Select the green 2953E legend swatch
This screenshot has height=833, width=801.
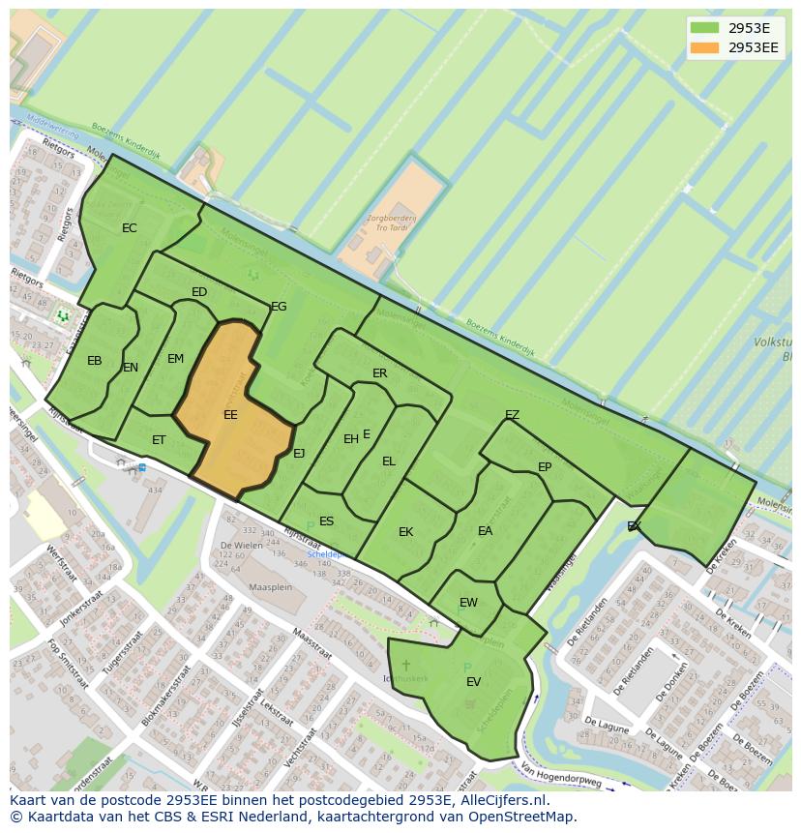coord(705,28)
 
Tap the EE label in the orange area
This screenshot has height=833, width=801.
coord(230,415)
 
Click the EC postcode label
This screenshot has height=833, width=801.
coord(130,228)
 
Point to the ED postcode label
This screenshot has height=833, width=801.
coord(199,292)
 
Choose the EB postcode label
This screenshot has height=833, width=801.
coord(95,361)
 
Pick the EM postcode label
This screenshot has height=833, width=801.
coord(175,359)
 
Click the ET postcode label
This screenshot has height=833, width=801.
coord(159,440)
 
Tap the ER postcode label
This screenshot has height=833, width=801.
coord(380,373)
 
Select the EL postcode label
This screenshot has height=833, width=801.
coord(389,461)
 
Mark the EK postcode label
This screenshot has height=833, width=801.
coord(406,532)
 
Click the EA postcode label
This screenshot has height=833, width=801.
coord(486,531)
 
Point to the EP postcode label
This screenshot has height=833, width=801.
coord(545,467)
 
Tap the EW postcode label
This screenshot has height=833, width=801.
coord(468,603)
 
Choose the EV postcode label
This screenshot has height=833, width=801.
coord(474,682)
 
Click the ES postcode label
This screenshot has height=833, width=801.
coord(327,521)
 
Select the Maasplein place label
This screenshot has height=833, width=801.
coord(271,587)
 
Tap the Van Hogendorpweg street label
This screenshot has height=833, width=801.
coord(562,771)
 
